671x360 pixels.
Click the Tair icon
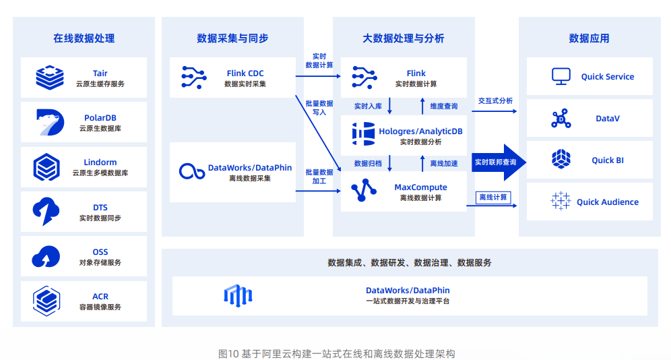pos(50,78)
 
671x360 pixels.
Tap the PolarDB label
pos(100,117)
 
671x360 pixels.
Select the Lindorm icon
pos(47,167)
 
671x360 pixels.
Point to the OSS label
pos(100,251)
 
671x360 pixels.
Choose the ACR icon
pos(47,301)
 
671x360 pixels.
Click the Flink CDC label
pos(245,73)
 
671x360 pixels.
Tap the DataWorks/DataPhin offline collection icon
pos(191,172)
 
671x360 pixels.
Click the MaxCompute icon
pos(364,191)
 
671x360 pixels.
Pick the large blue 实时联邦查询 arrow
pos(499,162)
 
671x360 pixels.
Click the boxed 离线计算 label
pos(492,198)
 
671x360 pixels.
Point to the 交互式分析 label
pos(495,101)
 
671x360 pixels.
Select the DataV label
pos(607,119)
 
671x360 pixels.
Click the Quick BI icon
pos(561,160)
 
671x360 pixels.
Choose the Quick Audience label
pos(607,202)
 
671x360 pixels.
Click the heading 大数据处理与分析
pos(404,38)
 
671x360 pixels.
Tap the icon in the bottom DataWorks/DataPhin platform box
pos(238,295)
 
